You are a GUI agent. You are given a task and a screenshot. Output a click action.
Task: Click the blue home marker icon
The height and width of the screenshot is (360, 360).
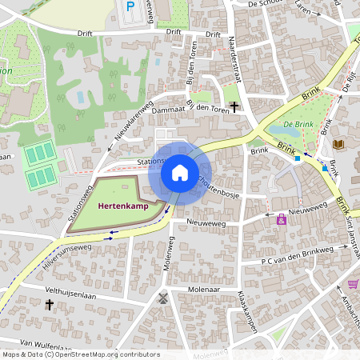coord(179,173)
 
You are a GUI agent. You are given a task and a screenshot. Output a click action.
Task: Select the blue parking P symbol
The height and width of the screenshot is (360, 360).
coord(130,7)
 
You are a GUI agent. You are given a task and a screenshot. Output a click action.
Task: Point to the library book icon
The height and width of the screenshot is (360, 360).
coord(338,145)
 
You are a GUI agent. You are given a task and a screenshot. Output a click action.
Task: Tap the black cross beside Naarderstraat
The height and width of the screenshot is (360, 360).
coord(234,106)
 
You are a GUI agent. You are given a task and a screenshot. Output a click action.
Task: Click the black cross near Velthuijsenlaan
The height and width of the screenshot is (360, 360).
coord(50,304)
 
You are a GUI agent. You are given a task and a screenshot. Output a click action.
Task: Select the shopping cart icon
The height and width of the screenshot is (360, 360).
coord(353,284)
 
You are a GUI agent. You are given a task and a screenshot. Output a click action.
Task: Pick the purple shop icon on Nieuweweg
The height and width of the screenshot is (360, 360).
coord(281,220)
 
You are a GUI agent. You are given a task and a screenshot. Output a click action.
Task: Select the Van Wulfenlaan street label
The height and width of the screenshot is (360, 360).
coord(48,343)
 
